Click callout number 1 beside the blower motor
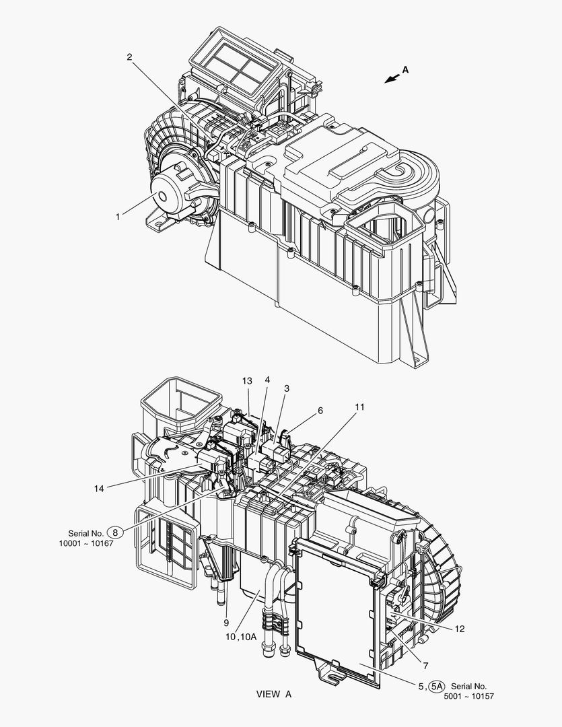pyautogui.click(x=118, y=217)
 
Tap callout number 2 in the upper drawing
pyautogui.click(x=129, y=57)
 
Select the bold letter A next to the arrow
pyautogui.click(x=405, y=69)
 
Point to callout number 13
pyautogui.click(x=247, y=380)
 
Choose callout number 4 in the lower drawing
pyautogui.click(x=267, y=379)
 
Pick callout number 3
pyautogui.click(x=287, y=388)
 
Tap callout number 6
pyautogui.click(x=320, y=411)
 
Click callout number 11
pyautogui.click(x=360, y=407)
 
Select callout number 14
pyautogui.click(x=99, y=488)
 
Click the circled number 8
pyautogui.click(x=116, y=532)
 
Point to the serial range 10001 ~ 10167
pyautogui.click(x=85, y=543)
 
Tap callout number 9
pyautogui.click(x=226, y=623)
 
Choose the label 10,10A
pyautogui.click(x=241, y=637)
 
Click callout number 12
pyautogui.click(x=459, y=629)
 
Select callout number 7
pyautogui.click(x=425, y=666)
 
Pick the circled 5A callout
pyautogui.click(x=436, y=686)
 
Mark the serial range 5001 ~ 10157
pyautogui.click(x=469, y=697)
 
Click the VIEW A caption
pyautogui.click(x=274, y=694)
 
